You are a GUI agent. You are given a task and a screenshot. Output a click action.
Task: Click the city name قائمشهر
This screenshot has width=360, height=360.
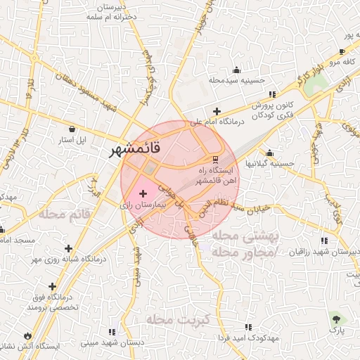point(141,149)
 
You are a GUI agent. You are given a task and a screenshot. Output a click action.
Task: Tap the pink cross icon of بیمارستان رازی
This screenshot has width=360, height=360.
point(143,193)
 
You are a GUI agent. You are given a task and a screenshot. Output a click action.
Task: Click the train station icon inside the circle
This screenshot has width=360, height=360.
point(215,158)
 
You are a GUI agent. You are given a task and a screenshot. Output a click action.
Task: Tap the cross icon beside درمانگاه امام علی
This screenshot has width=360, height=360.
point(217,111)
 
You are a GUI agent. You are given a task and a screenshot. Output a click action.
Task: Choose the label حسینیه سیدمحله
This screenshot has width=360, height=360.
point(236,81)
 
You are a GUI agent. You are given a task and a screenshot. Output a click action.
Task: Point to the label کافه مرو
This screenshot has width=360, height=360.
point(347,62)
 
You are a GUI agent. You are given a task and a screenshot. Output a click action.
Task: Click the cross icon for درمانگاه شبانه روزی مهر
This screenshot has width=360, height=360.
point(68,248)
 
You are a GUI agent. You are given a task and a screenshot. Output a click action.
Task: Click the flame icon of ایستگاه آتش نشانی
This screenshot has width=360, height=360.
point(27,335)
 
